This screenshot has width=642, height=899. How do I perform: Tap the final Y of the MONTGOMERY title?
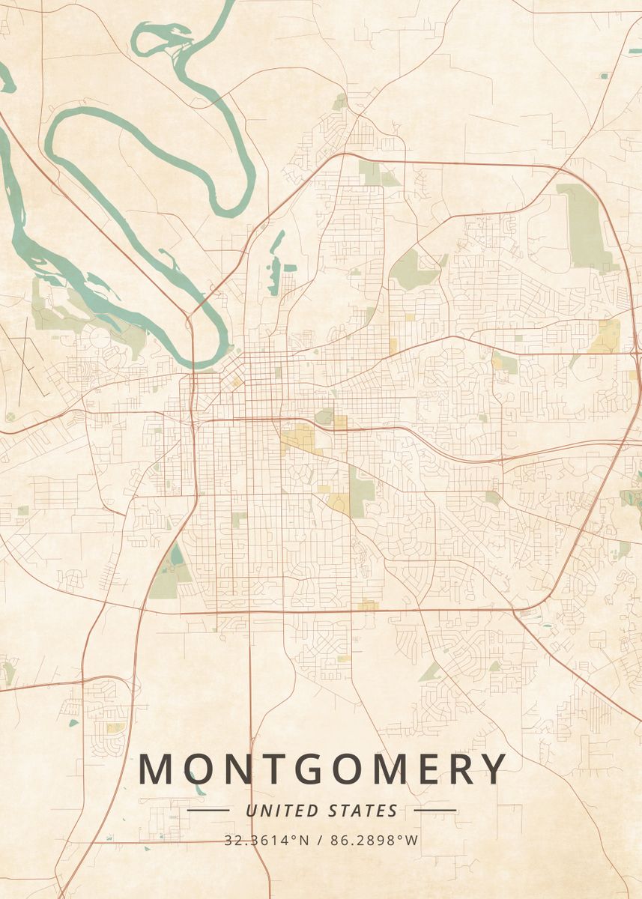tap(493, 769)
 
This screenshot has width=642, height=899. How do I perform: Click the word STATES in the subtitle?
tap(363, 811)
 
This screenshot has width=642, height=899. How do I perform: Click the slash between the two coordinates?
tap(320, 840)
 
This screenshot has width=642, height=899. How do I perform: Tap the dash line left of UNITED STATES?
tap(208, 811)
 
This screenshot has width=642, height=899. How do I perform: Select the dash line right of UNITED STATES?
tap(434, 811)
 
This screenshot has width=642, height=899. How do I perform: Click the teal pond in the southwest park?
tap(176, 555)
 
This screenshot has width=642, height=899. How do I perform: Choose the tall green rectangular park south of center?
tap(361, 491)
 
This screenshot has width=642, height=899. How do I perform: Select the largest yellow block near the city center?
tap(300, 438)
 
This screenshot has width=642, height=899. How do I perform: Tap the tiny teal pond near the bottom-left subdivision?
tap(73, 723)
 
